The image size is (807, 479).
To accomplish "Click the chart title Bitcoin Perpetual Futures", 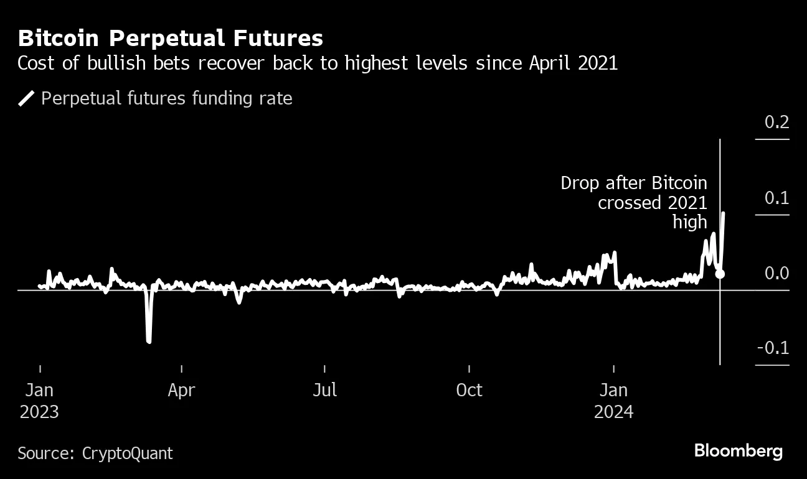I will tap(170, 39).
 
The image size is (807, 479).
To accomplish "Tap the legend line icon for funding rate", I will tap(27, 98).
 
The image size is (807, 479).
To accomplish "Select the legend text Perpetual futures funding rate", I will tap(166, 98).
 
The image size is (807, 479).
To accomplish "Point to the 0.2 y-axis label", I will tap(776, 122).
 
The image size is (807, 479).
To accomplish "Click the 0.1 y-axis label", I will tap(776, 198).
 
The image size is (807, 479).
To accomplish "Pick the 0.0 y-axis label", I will tap(776, 274).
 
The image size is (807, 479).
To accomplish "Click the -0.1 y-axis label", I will tap(773, 348).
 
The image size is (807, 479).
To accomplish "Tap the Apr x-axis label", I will tap(181, 391).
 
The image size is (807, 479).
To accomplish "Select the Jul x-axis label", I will tap(324, 391).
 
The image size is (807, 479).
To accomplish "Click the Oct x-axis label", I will tap(469, 391).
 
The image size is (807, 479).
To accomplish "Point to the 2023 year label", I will tap(39, 412).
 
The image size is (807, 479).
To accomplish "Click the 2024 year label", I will tap(613, 412).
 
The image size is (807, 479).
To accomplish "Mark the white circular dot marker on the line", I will tap(720, 274).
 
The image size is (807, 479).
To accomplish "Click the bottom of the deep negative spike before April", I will tap(149, 341).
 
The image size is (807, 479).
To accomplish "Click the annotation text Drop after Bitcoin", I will tap(633, 184).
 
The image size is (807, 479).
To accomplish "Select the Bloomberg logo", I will tap(738, 451).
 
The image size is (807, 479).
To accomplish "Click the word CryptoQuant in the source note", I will tap(127, 453).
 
